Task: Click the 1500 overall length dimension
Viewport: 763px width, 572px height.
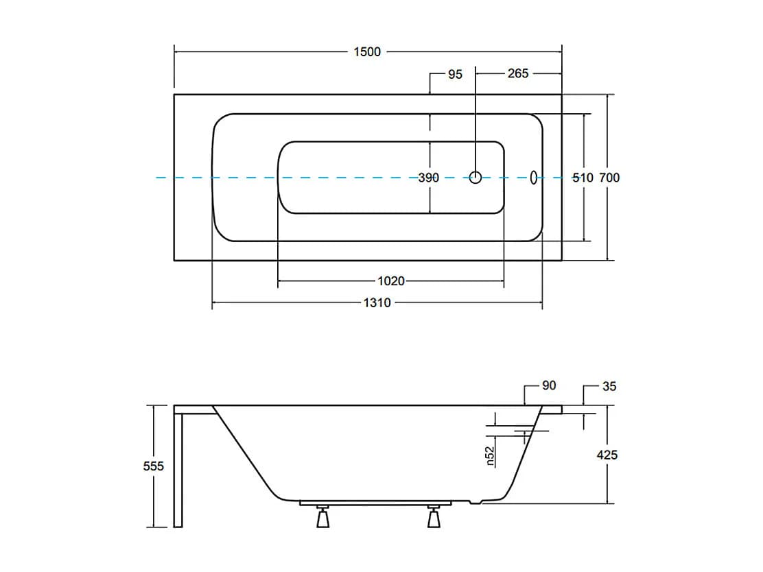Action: click(x=367, y=52)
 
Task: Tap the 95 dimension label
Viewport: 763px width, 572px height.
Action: click(x=455, y=75)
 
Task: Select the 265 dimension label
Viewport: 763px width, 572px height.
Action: click(x=518, y=73)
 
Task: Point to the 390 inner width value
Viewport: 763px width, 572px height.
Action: click(x=429, y=178)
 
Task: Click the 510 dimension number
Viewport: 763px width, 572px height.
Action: click(x=583, y=178)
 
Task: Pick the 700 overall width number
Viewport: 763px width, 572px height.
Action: click(x=609, y=178)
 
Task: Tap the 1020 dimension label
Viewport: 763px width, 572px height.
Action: click(x=391, y=281)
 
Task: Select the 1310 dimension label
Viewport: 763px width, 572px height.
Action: click(x=377, y=303)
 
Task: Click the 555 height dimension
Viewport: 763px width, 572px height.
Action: click(x=153, y=466)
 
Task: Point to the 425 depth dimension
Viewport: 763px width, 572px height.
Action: click(x=607, y=455)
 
